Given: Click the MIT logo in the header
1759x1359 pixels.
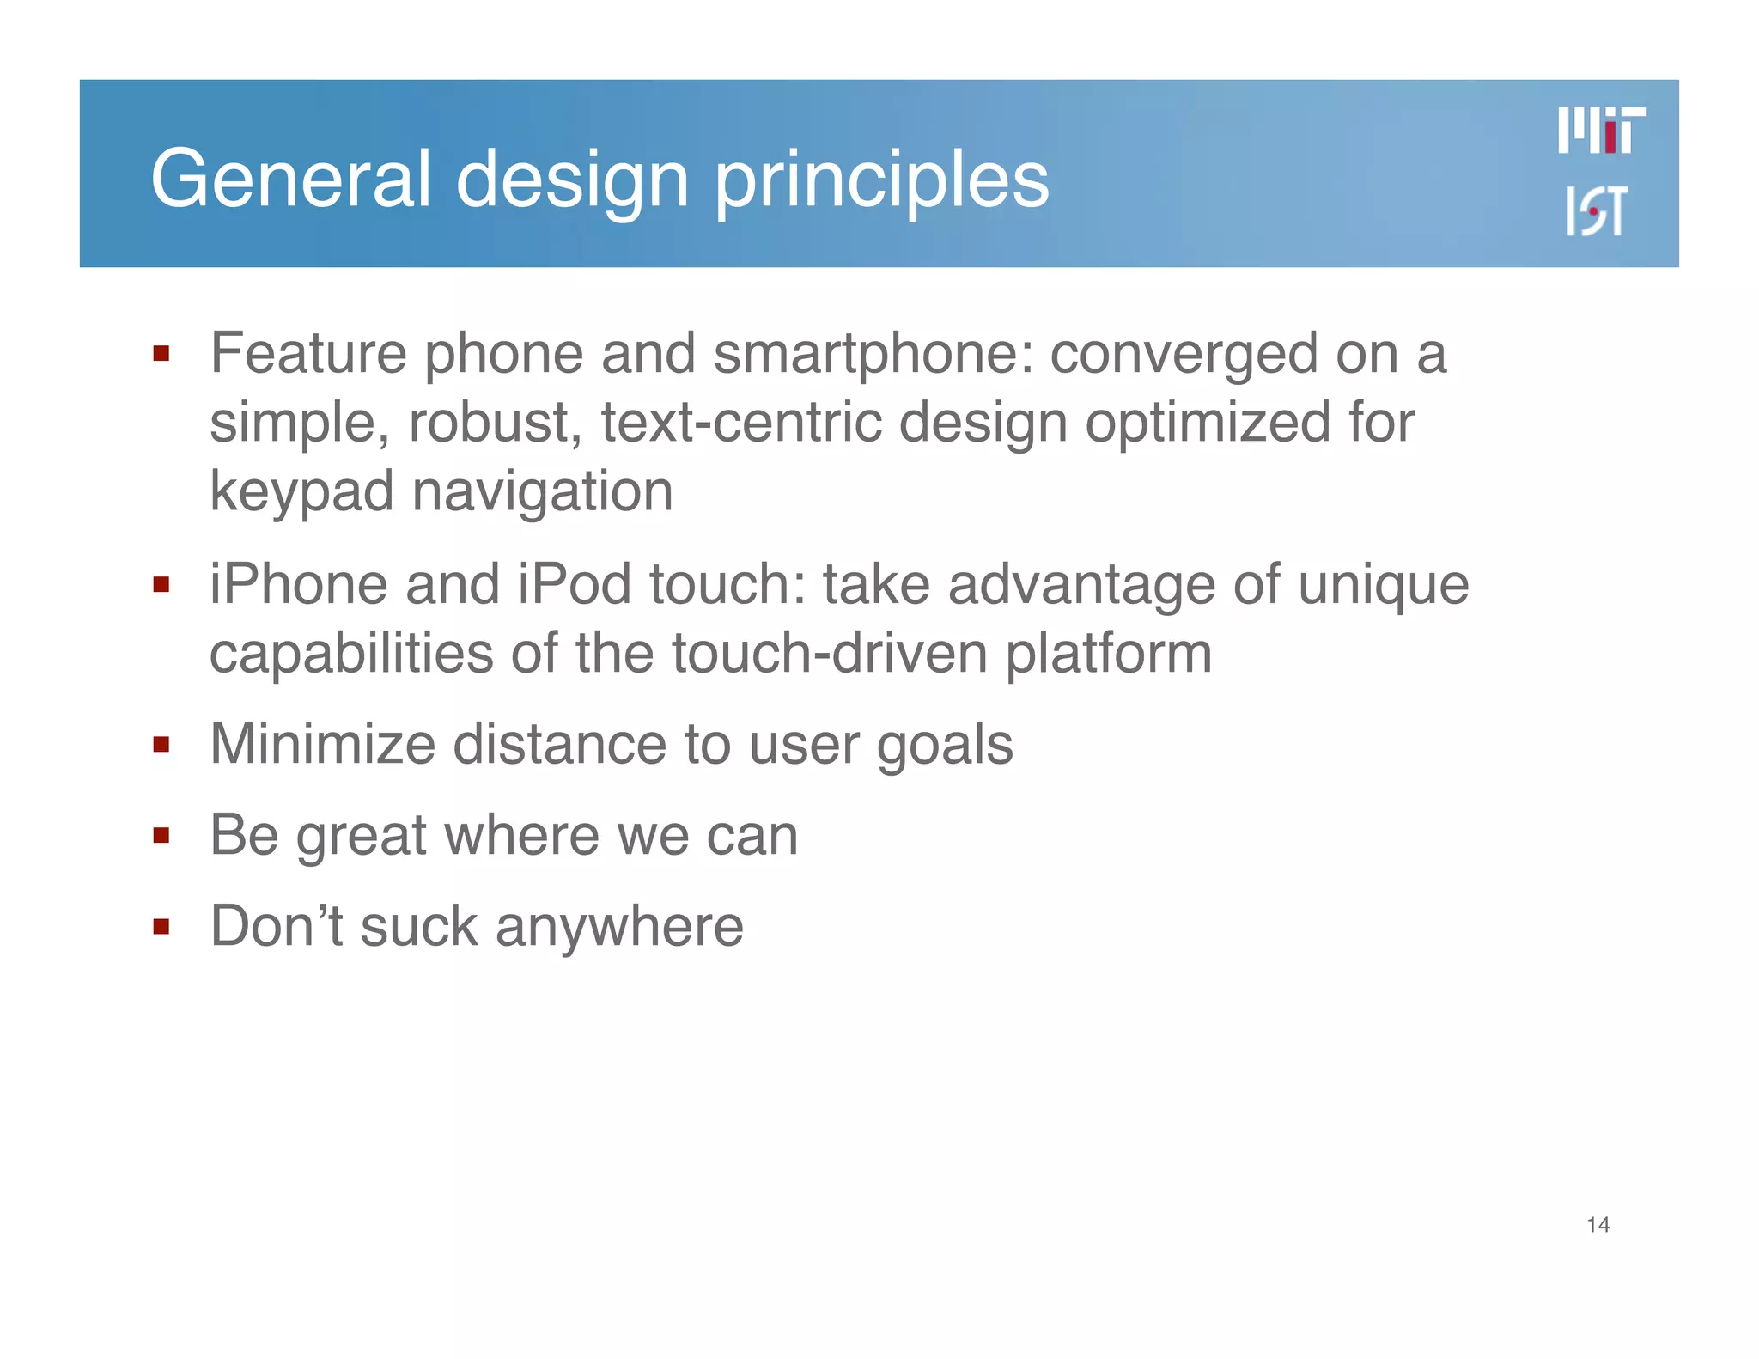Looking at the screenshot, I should pyautogui.click(x=1602, y=131).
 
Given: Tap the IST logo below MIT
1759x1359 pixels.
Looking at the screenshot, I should pyautogui.click(x=1596, y=210).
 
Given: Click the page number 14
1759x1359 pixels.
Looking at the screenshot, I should pyautogui.click(x=1598, y=1225).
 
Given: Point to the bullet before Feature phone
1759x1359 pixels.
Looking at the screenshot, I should pyautogui.click(x=161, y=353).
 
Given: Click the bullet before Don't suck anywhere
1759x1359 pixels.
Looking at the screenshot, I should pyautogui.click(x=161, y=926).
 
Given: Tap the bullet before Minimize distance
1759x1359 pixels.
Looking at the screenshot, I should pyautogui.click(x=161, y=744).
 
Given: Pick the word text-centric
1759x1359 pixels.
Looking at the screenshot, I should pyautogui.click(x=741, y=423).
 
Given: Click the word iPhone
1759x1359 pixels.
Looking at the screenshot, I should pyautogui.click(x=298, y=585).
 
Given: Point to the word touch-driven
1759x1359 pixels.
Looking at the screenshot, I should pyautogui.click(x=829, y=654).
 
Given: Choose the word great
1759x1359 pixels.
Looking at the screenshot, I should pyautogui.click(x=361, y=837).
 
